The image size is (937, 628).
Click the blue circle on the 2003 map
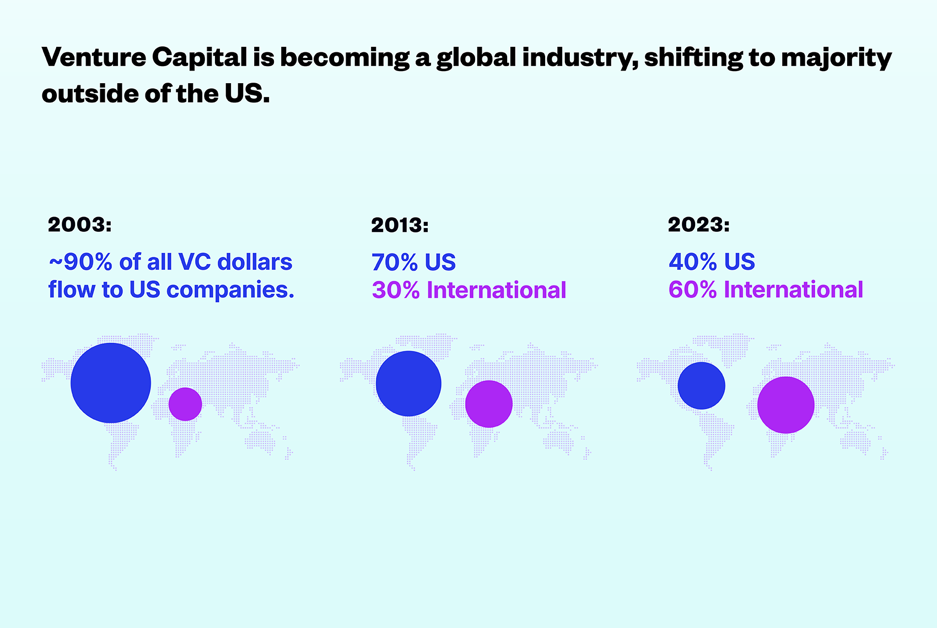pos(111,383)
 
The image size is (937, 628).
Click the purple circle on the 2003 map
pos(185,404)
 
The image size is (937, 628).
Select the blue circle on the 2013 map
pos(408,383)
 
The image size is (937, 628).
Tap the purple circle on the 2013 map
pos(489,404)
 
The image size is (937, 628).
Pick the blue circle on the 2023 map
pos(701,386)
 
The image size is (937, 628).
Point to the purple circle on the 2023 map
pos(785,405)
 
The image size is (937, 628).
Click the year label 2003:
pos(80,225)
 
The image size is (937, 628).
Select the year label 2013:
pos(400,225)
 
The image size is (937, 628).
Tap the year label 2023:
pos(699,225)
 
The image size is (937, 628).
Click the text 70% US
pos(413,263)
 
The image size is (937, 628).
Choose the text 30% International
pos(469,290)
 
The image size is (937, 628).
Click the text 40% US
pos(712,262)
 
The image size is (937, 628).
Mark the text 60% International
pos(766,290)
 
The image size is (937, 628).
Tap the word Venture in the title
pos(94,57)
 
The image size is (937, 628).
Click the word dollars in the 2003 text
pos(255,262)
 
